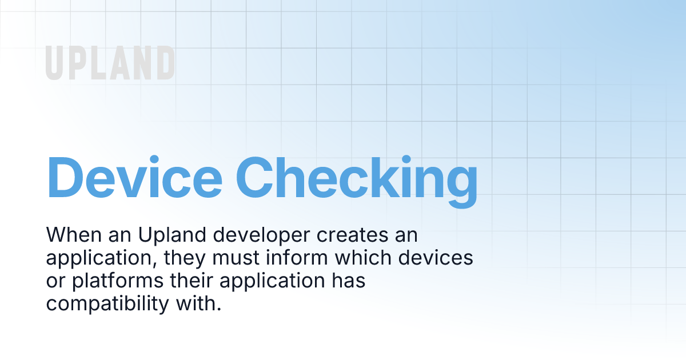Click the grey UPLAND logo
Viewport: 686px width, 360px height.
[x=110, y=63]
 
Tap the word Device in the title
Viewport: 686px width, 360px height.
[x=134, y=177]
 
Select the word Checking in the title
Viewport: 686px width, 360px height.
[x=357, y=182]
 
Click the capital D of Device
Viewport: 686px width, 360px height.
[x=65, y=178]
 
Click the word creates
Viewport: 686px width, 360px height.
[x=352, y=235]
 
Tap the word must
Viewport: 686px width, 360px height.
[x=236, y=258]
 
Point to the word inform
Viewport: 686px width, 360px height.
[x=297, y=258]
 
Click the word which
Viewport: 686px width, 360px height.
[x=363, y=258]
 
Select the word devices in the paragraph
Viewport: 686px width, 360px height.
[x=436, y=258]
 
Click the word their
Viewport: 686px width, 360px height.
[x=192, y=281]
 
